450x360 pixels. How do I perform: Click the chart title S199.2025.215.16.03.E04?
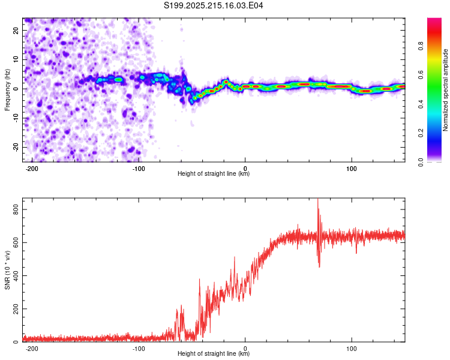click(213, 5)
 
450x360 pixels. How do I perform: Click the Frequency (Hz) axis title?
click(7, 90)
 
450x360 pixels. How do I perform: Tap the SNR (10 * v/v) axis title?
click(7, 270)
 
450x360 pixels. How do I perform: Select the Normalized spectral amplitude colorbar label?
click(445, 90)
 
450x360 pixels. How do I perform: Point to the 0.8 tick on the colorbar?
click(421, 46)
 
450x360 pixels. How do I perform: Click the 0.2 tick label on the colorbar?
click(421, 133)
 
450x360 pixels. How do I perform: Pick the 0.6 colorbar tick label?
click(421, 75)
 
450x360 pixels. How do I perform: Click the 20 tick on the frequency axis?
click(16, 31)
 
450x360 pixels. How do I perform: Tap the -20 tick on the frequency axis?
click(16, 148)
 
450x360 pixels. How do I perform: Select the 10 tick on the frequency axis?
click(16, 59)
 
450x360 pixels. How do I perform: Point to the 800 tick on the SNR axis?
click(16, 209)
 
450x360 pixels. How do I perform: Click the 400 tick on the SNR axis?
click(16, 275)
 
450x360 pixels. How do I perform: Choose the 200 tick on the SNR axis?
click(16, 309)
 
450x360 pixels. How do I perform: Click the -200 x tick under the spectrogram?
click(32, 169)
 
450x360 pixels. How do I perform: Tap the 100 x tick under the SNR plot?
click(352, 349)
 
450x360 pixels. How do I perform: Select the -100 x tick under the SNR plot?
click(139, 349)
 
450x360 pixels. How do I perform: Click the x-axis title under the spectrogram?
click(214, 173)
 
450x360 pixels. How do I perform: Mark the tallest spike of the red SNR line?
click(317, 199)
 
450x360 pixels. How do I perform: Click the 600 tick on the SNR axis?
click(16, 242)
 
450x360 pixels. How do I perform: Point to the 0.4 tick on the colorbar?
click(421, 104)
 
